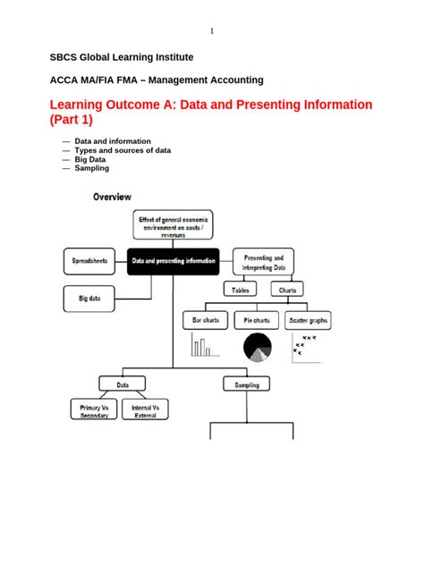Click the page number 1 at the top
[212, 31]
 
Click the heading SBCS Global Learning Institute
[121, 57]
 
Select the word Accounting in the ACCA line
[233, 80]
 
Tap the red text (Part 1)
[71, 120]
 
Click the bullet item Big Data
[94, 159]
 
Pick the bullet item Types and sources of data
[123, 150]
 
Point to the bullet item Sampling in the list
[92, 168]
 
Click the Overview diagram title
[112, 197]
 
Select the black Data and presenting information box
[173, 261]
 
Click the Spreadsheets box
[89, 261]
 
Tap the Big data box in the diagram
[89, 297]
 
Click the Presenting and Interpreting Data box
[264, 262]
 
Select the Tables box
[241, 290]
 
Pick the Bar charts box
[206, 319]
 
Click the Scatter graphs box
[306, 319]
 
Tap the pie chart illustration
[257, 348]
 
